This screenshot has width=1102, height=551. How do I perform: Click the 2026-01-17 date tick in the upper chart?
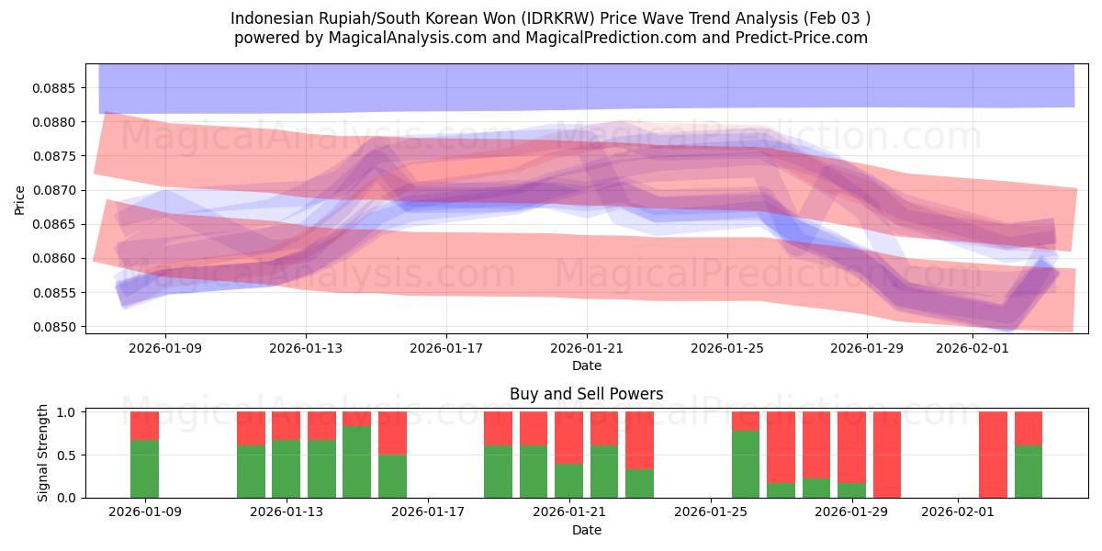(446, 349)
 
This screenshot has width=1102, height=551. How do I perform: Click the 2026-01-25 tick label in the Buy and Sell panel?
(711, 512)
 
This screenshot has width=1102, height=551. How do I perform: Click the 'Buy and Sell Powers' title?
(587, 395)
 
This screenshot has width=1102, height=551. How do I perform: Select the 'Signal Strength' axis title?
(43, 455)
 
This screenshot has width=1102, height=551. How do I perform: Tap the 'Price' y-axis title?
(19, 198)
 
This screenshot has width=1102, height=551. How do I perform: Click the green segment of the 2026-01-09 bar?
(144, 468)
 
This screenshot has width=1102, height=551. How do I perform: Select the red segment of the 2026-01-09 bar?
(144, 425)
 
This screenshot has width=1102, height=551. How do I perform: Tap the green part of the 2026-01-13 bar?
(286, 468)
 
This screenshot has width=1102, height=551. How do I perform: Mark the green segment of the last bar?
(1029, 471)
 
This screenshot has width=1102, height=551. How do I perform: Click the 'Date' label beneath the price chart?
(587, 365)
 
